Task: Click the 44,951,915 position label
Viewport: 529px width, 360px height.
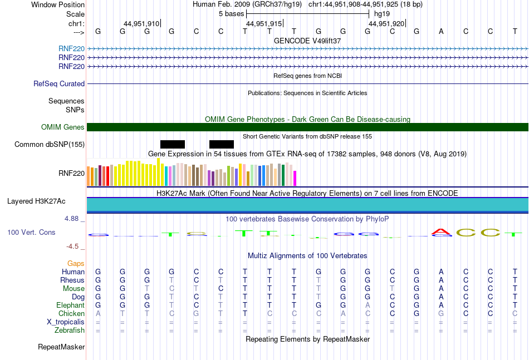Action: [x=264, y=24]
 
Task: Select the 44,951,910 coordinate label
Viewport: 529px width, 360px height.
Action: [x=141, y=24]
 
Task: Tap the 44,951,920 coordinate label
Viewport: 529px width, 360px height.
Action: [x=386, y=24]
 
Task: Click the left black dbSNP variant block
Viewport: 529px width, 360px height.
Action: [x=172, y=145]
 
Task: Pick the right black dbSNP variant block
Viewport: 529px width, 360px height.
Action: [x=221, y=145]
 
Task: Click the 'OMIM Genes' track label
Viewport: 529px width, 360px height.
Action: [x=63, y=127]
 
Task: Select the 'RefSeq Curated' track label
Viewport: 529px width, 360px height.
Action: [x=59, y=84]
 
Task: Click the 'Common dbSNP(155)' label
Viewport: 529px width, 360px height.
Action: [x=50, y=145]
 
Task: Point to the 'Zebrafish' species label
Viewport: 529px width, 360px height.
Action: [x=70, y=330]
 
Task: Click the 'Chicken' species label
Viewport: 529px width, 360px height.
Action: [x=71, y=313]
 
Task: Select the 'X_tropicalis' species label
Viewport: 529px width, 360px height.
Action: [x=66, y=322]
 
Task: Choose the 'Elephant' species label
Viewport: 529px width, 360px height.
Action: [x=70, y=305]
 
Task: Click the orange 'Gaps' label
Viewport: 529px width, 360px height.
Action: [x=76, y=263]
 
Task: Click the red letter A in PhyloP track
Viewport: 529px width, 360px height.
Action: [x=442, y=231]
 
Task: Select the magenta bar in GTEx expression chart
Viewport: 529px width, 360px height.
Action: [x=295, y=178]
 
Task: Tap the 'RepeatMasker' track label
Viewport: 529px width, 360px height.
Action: [x=61, y=347]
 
